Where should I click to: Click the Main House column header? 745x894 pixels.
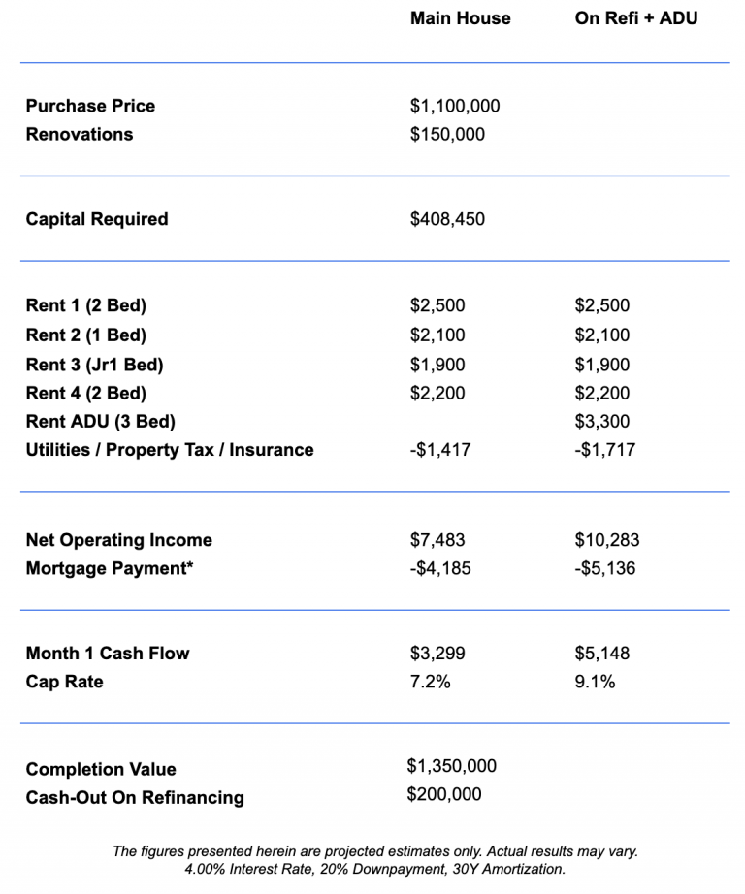point(460,18)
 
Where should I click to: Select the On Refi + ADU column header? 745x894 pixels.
point(635,18)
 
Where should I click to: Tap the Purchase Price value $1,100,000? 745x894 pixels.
point(455,106)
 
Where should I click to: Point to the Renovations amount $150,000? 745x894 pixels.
point(447,135)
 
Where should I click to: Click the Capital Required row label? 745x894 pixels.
point(97,219)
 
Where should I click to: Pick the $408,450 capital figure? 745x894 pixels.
point(447,219)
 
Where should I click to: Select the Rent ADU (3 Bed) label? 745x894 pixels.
point(101,422)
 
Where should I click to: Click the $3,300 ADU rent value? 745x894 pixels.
point(601,422)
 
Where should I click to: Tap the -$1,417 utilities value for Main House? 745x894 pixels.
point(440,450)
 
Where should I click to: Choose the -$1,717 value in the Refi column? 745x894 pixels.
point(605,450)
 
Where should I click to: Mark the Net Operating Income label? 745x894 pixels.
point(118,540)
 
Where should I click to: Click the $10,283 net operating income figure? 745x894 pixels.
point(607,540)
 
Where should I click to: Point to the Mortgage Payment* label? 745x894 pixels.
point(110,568)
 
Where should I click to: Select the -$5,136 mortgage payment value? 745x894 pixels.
point(605,568)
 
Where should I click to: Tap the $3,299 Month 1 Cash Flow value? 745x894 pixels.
point(437,654)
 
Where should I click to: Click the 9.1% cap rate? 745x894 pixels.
point(595,682)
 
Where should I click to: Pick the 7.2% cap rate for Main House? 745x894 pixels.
point(430,682)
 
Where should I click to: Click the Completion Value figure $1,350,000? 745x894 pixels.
point(452,766)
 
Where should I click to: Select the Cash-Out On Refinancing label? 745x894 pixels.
point(135,798)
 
